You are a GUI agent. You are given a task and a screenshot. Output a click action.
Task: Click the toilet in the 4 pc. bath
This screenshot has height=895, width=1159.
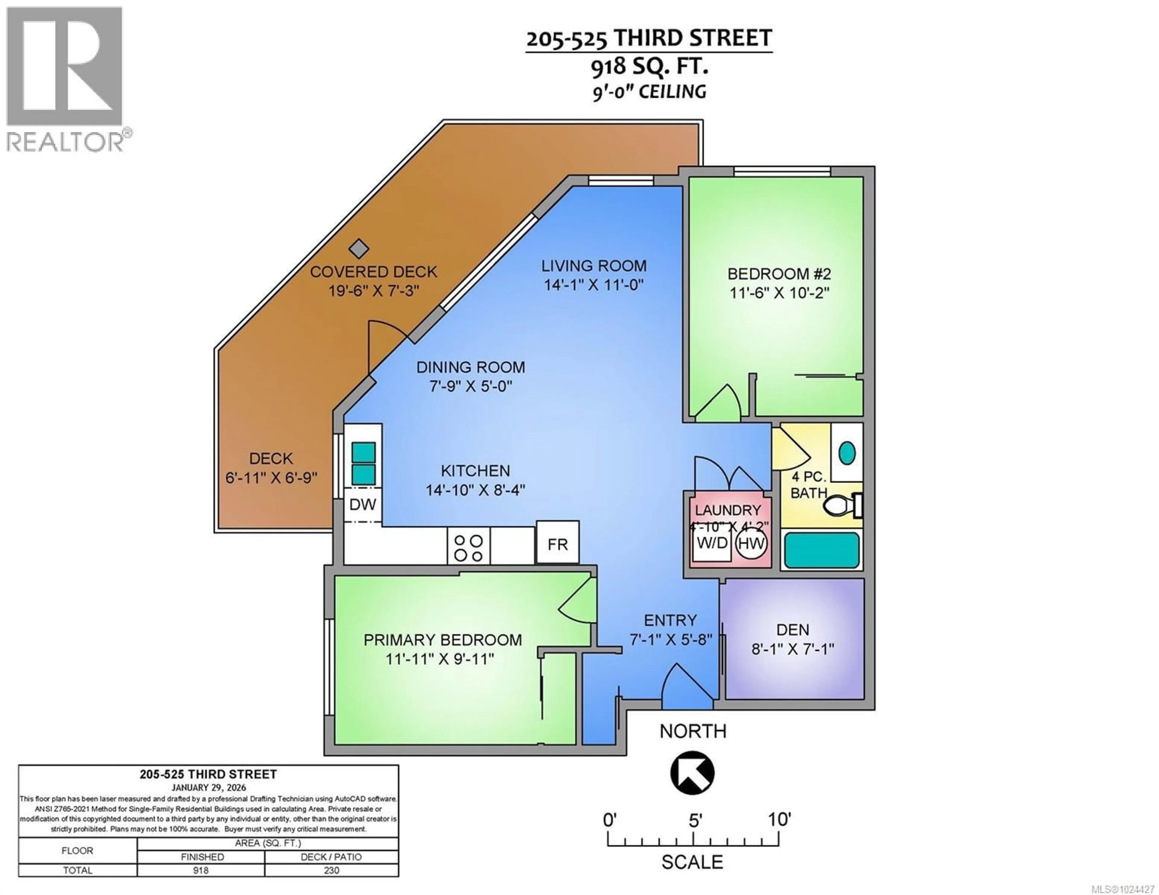tap(841, 506)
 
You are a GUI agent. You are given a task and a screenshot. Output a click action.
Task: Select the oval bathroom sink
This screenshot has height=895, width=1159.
tap(847, 452)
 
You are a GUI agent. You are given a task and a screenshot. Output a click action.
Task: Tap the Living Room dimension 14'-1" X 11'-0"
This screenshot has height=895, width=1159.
tap(593, 285)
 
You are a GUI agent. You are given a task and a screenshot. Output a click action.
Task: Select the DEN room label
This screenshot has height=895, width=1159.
tap(793, 630)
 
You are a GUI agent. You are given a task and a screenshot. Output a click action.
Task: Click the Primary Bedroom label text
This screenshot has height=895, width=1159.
tap(442, 640)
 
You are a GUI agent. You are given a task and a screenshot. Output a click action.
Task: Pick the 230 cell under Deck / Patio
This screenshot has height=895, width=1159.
tap(331, 870)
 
